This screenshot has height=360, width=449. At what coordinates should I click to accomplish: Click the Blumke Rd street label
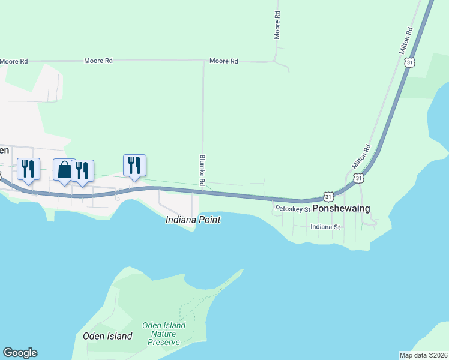[x=202, y=171]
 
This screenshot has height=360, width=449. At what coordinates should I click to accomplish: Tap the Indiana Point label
[x=193, y=220]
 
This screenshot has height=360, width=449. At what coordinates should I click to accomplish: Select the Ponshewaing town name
[x=341, y=208]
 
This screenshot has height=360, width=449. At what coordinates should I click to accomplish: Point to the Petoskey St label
[x=292, y=209]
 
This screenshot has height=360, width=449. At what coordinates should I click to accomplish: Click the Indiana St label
[x=325, y=227]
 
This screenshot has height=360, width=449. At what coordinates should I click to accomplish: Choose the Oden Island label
[x=107, y=336]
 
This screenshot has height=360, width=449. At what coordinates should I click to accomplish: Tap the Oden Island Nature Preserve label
[x=164, y=334]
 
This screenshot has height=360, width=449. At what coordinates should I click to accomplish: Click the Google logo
[x=20, y=353]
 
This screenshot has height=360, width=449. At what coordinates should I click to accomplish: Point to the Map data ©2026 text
[x=424, y=355]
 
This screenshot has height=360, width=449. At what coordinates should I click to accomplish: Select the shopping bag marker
[x=64, y=169]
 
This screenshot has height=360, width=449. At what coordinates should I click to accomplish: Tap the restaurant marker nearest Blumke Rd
[x=134, y=165]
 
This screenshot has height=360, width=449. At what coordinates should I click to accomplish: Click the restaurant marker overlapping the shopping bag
[x=83, y=170]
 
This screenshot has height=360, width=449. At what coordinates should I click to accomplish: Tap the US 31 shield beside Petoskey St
[x=328, y=196]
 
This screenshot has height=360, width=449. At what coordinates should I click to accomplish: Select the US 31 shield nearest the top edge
[x=409, y=62]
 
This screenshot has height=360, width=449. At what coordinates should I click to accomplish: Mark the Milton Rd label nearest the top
[x=406, y=41]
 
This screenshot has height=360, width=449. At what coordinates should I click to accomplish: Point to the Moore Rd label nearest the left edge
[x=14, y=61]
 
